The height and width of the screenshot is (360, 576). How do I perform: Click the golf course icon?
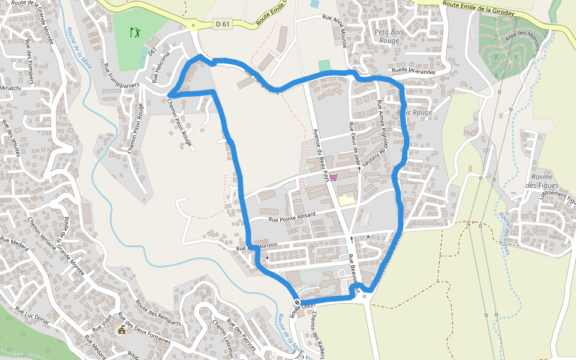135,32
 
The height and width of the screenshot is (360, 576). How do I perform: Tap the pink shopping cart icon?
333,177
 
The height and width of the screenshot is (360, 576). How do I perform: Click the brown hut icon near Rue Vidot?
122,329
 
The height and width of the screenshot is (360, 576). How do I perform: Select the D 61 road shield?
222,24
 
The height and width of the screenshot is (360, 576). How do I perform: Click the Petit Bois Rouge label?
389,36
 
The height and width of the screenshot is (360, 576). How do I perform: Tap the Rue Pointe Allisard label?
292,217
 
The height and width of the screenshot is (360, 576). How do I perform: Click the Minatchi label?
10,88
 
